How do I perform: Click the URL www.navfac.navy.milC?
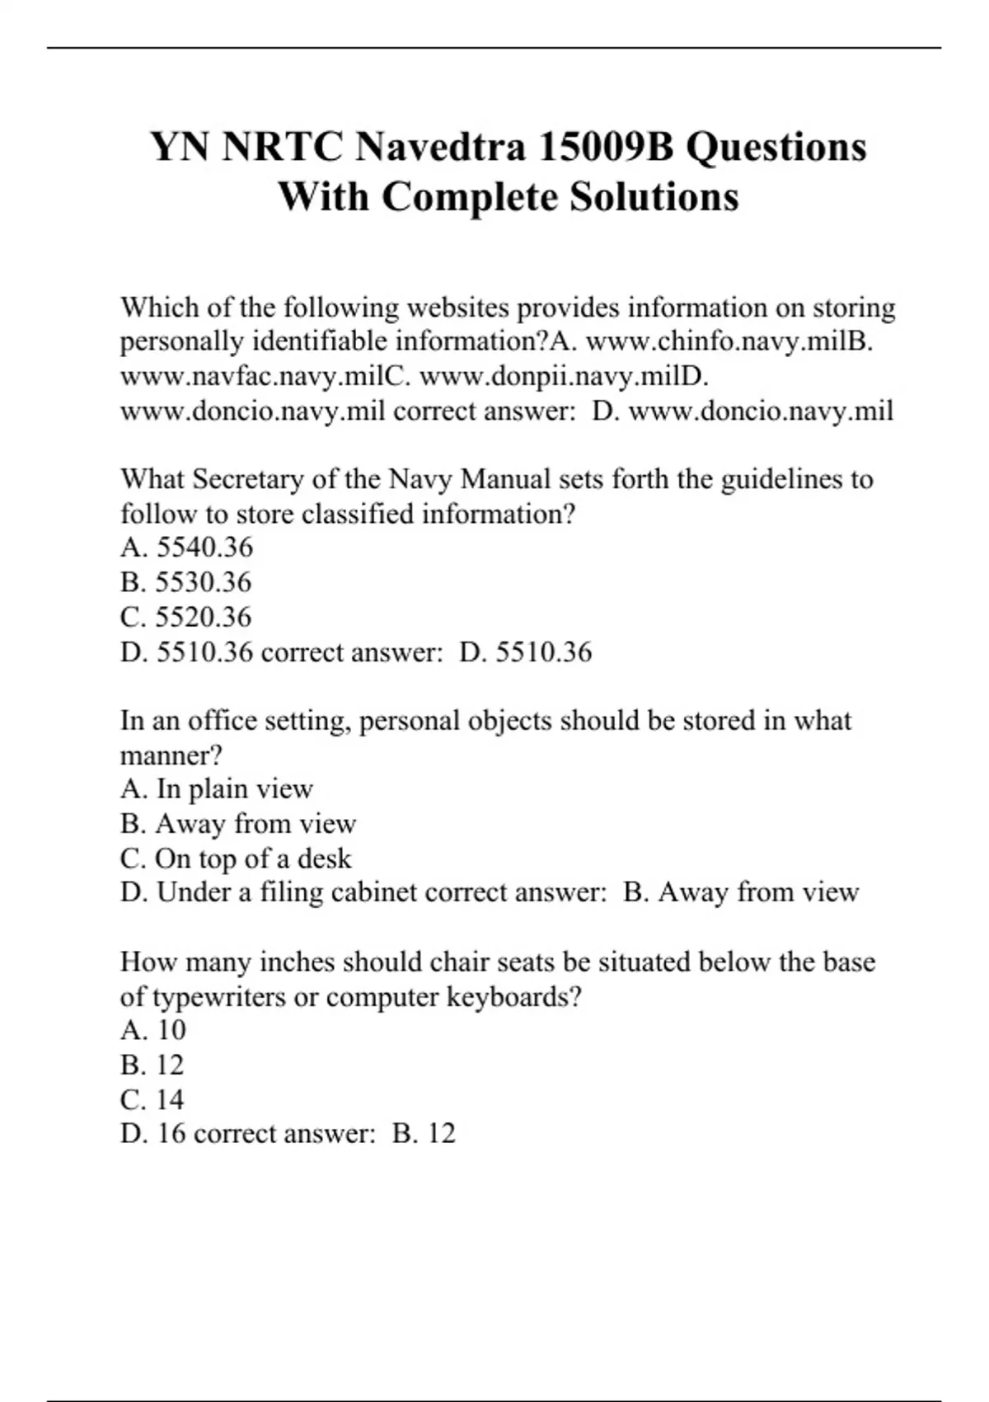pos(265,376)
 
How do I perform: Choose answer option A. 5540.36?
pos(187,548)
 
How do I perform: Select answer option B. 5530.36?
pos(186,582)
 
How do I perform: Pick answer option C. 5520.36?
pos(186,617)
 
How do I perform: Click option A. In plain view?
pos(217,789)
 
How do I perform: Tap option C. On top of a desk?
pos(236,859)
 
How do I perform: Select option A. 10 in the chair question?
pos(153,1030)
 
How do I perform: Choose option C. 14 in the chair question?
pos(152,1099)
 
